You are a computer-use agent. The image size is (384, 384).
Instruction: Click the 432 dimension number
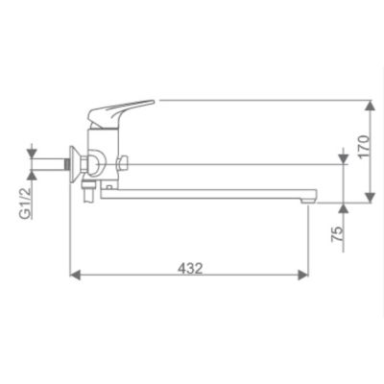pyautogui.click(x=190, y=268)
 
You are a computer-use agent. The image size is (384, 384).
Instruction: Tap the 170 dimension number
pyautogui.click(x=364, y=147)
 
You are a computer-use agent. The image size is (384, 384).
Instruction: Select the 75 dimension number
pyautogui.click(x=337, y=234)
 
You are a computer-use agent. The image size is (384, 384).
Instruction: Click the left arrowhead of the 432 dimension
pyautogui.click(x=75, y=275)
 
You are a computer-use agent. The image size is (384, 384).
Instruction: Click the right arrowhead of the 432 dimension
pyautogui.click(x=302, y=275)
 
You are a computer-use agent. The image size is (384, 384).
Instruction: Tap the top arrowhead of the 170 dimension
pyautogui.click(x=370, y=106)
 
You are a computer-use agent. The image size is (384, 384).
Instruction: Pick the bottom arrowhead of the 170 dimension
pyautogui.click(x=370, y=198)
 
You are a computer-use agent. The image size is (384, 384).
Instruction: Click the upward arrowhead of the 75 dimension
pyautogui.click(x=344, y=208)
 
